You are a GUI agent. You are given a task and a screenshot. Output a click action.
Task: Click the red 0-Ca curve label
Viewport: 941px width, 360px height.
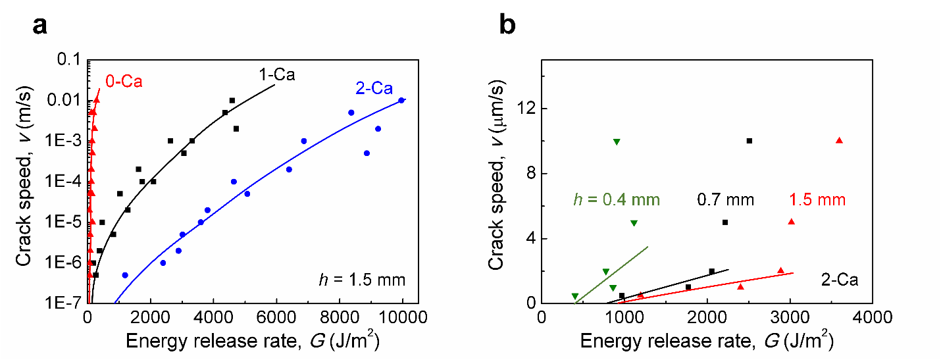(124, 82)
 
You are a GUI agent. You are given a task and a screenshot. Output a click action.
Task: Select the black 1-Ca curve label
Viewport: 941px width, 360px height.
(276, 74)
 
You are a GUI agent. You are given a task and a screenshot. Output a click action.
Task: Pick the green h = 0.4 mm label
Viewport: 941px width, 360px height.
(615, 199)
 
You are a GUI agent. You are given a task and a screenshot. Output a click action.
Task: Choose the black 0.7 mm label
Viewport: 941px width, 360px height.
(726, 199)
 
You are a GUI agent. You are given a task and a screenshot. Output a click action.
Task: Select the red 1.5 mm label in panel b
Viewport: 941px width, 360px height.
(817, 199)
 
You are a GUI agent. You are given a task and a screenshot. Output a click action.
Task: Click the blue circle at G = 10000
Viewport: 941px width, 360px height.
(401, 100)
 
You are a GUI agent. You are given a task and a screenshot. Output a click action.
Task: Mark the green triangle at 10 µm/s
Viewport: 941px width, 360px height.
(617, 141)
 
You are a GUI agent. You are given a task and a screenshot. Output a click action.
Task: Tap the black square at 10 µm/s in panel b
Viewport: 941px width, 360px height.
(749, 141)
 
